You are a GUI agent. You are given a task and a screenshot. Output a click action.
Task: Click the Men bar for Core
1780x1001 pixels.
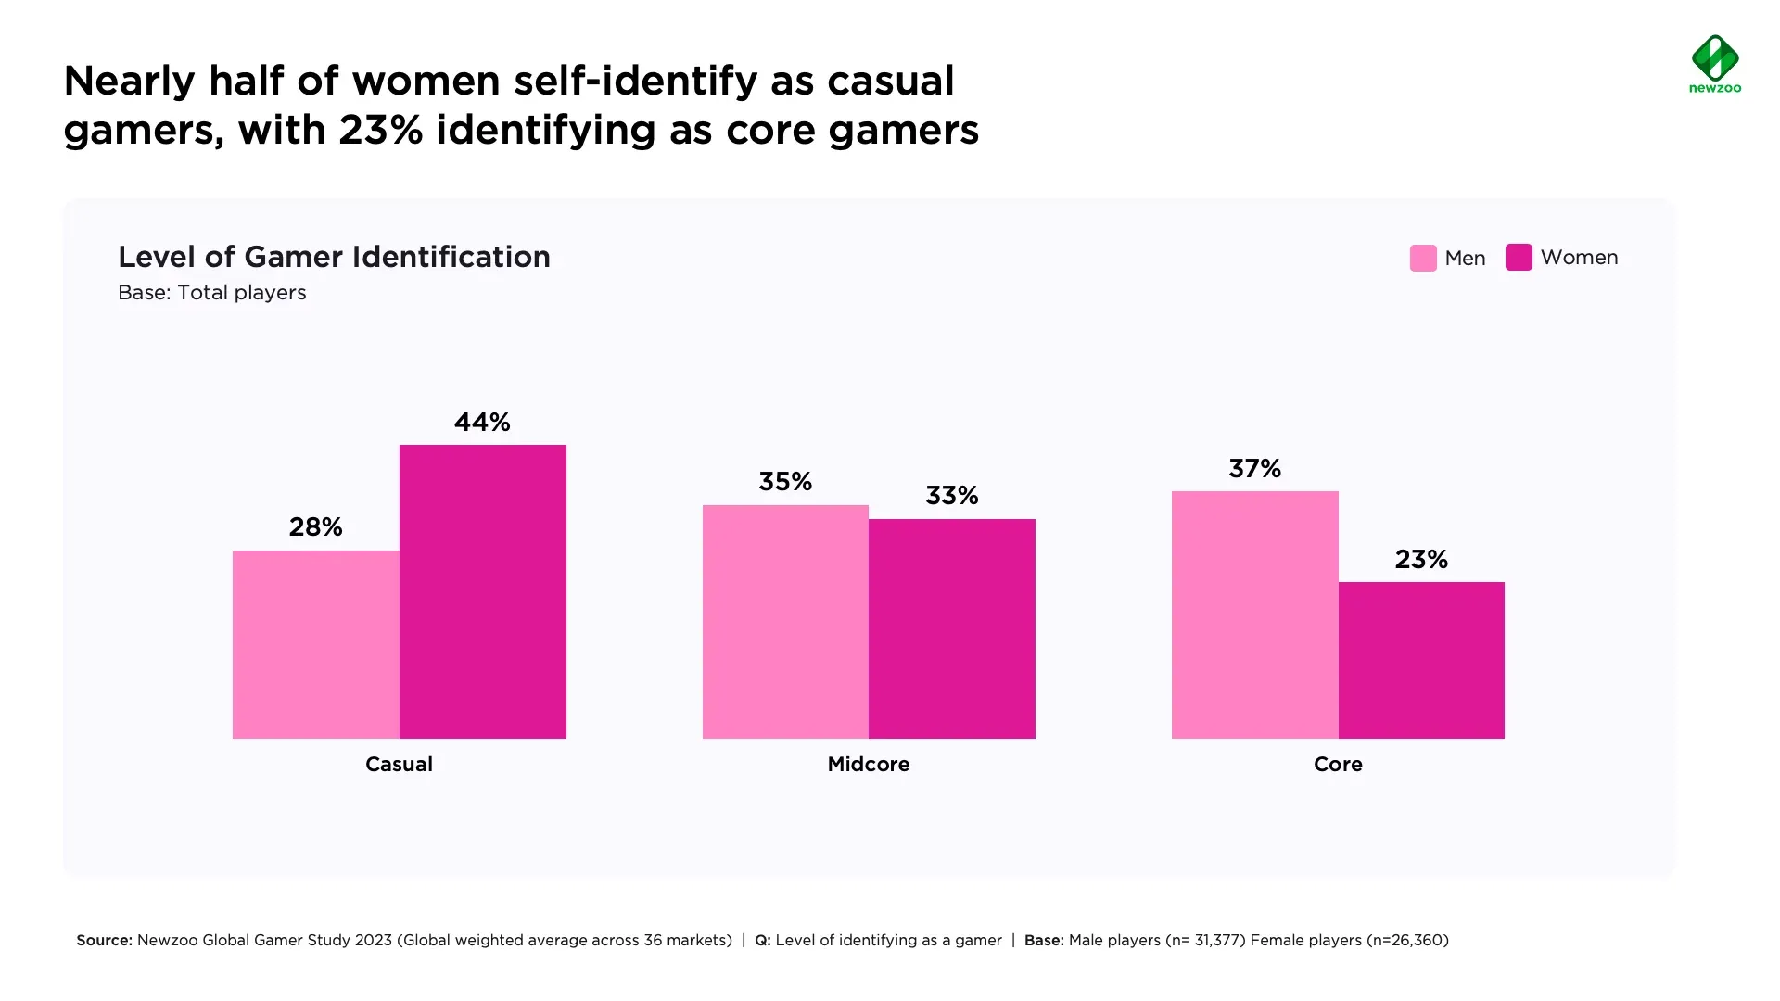point(1254,615)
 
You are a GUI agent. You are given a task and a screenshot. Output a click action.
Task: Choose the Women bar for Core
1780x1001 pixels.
point(1421,660)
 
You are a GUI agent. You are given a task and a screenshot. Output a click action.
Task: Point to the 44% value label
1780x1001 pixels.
point(482,423)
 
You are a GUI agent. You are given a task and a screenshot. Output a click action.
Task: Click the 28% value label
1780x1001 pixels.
point(315,527)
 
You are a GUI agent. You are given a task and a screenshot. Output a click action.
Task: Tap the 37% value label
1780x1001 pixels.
point(1254,469)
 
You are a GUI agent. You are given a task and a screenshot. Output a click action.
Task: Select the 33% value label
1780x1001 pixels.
point(952,496)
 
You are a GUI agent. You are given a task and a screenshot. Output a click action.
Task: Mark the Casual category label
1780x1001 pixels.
point(399,765)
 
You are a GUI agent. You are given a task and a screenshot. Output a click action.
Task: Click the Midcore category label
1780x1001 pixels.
point(869,765)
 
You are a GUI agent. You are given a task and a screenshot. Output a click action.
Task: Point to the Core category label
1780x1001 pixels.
point(1338,765)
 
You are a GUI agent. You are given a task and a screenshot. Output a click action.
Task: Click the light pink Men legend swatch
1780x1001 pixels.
point(1423,258)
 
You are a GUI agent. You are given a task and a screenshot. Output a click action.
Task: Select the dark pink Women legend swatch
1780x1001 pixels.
point(1519,258)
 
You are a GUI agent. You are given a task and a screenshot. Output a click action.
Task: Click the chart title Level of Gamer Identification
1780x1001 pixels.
point(334,257)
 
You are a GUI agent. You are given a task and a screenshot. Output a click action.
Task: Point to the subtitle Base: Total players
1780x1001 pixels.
point(211,293)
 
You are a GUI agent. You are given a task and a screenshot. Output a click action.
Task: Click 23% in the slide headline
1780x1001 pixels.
point(380,131)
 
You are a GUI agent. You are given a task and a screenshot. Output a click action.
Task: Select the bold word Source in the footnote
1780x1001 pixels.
point(104,941)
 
